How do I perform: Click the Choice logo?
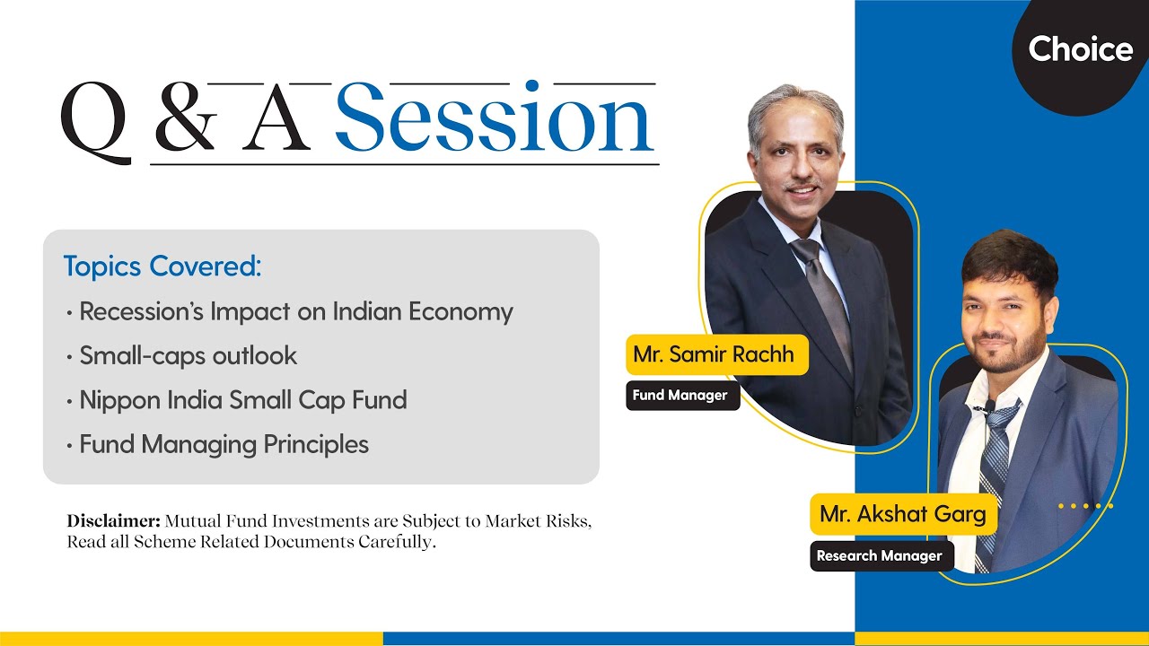1080,48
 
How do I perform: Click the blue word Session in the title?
495,119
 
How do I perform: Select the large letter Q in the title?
95,123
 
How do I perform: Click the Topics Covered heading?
162,266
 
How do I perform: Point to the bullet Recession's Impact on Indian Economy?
295,311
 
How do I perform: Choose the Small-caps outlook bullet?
188,355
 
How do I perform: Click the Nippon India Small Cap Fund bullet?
242,399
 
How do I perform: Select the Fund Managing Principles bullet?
224,444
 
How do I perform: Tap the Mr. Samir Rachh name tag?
714,354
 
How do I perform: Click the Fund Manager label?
680,395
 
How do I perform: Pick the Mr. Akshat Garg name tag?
902,514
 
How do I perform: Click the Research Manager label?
879,555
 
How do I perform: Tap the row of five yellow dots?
1085,506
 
